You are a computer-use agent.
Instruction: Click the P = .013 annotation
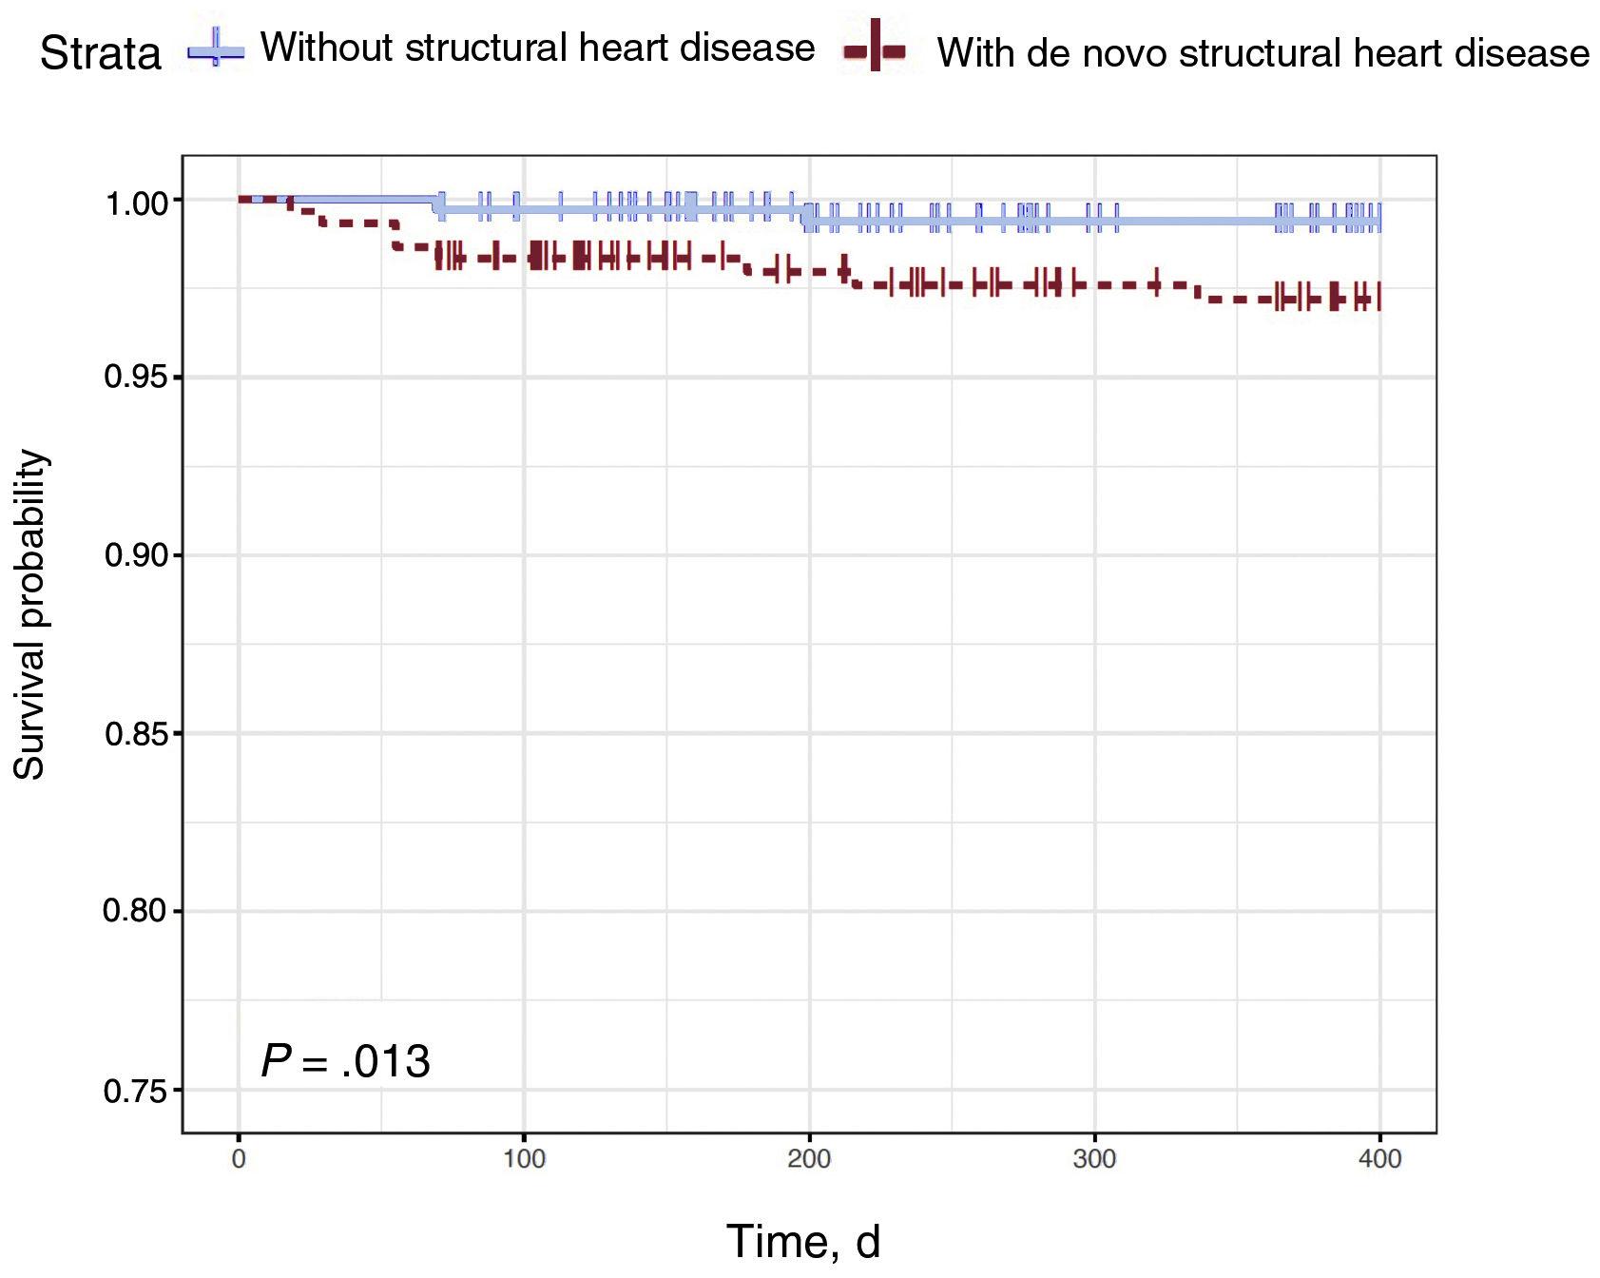click(345, 1061)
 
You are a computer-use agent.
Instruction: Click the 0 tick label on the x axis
click(239, 1159)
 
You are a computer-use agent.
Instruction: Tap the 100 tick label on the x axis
click(524, 1159)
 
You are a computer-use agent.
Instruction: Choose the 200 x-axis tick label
click(809, 1159)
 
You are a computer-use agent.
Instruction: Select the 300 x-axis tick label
click(1094, 1159)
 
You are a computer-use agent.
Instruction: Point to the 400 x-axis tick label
click(1380, 1159)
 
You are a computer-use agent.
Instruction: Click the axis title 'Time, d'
click(803, 1242)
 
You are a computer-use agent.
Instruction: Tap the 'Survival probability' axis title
click(30, 615)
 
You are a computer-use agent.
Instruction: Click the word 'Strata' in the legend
click(101, 54)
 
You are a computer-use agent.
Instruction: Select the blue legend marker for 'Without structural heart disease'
click(216, 51)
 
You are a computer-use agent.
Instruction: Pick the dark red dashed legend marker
click(875, 49)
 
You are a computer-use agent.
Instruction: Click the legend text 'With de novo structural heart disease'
click(1263, 53)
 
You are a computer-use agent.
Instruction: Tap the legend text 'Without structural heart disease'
click(537, 48)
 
